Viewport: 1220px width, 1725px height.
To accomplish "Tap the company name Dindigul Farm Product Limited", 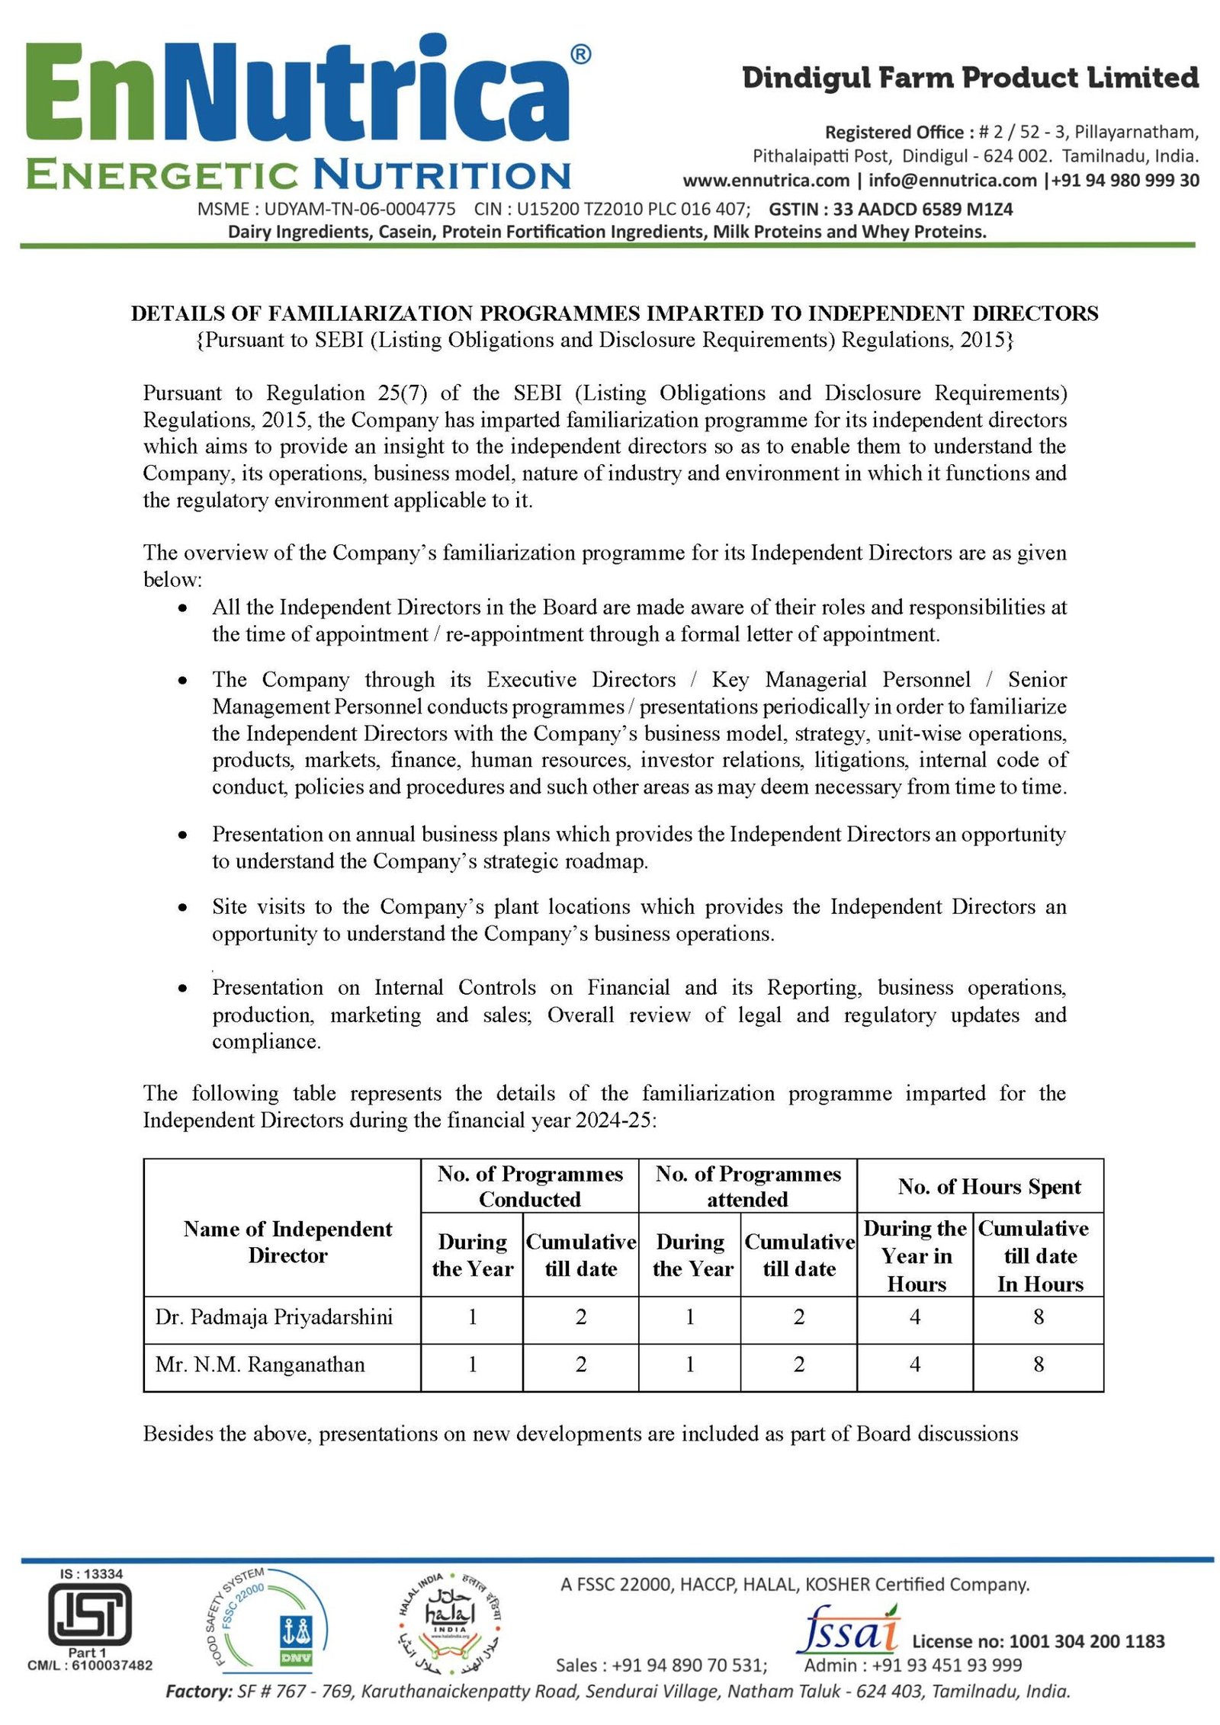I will pyautogui.click(x=970, y=78).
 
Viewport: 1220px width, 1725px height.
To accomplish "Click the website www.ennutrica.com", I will pyautogui.click(x=766, y=181).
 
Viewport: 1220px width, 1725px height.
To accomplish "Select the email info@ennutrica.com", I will pyautogui.click(x=952, y=181).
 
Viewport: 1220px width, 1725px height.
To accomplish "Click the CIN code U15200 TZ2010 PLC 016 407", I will pyautogui.click(x=612, y=209).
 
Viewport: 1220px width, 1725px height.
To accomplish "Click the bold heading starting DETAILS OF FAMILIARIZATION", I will pyautogui.click(x=615, y=313).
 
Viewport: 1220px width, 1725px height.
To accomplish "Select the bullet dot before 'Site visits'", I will pyautogui.click(x=182, y=907).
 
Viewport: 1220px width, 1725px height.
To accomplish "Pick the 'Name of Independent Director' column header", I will pyautogui.click(x=287, y=1242).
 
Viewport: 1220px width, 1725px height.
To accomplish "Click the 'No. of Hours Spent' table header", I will pyautogui.click(x=989, y=1186).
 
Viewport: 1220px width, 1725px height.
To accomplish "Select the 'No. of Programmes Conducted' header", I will pyautogui.click(x=530, y=1186).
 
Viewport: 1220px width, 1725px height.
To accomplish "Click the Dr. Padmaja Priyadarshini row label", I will pyautogui.click(x=274, y=1316).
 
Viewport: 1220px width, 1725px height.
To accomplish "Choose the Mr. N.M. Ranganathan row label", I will pyautogui.click(x=260, y=1364).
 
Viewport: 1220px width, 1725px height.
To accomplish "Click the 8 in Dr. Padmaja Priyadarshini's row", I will pyautogui.click(x=1039, y=1316).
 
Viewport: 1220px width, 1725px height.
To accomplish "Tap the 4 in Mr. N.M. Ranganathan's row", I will pyautogui.click(x=915, y=1364).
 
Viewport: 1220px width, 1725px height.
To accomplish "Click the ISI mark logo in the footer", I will pyautogui.click(x=89, y=1614).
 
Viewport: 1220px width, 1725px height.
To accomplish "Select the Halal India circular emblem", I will pyautogui.click(x=449, y=1617).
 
